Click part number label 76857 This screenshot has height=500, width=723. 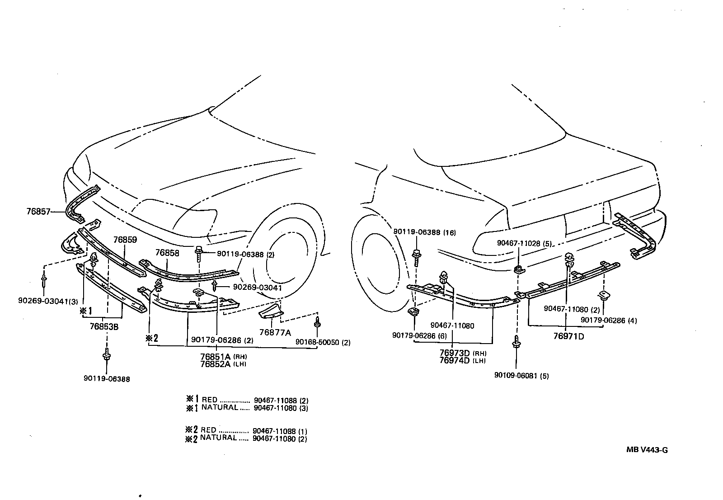click(39, 211)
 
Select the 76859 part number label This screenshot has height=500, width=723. click(125, 240)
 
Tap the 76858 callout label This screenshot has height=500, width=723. click(167, 253)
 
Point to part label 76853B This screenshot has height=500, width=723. click(104, 326)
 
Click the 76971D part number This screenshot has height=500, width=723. click(569, 336)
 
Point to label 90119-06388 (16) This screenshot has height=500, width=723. click(424, 233)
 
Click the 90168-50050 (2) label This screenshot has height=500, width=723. click(323, 342)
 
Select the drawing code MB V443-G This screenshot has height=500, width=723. click(647, 450)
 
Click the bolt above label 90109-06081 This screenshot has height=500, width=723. click(516, 343)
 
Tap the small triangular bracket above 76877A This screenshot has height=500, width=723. click(271, 311)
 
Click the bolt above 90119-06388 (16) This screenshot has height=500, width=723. click(416, 257)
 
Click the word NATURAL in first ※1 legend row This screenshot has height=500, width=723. click(220, 407)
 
